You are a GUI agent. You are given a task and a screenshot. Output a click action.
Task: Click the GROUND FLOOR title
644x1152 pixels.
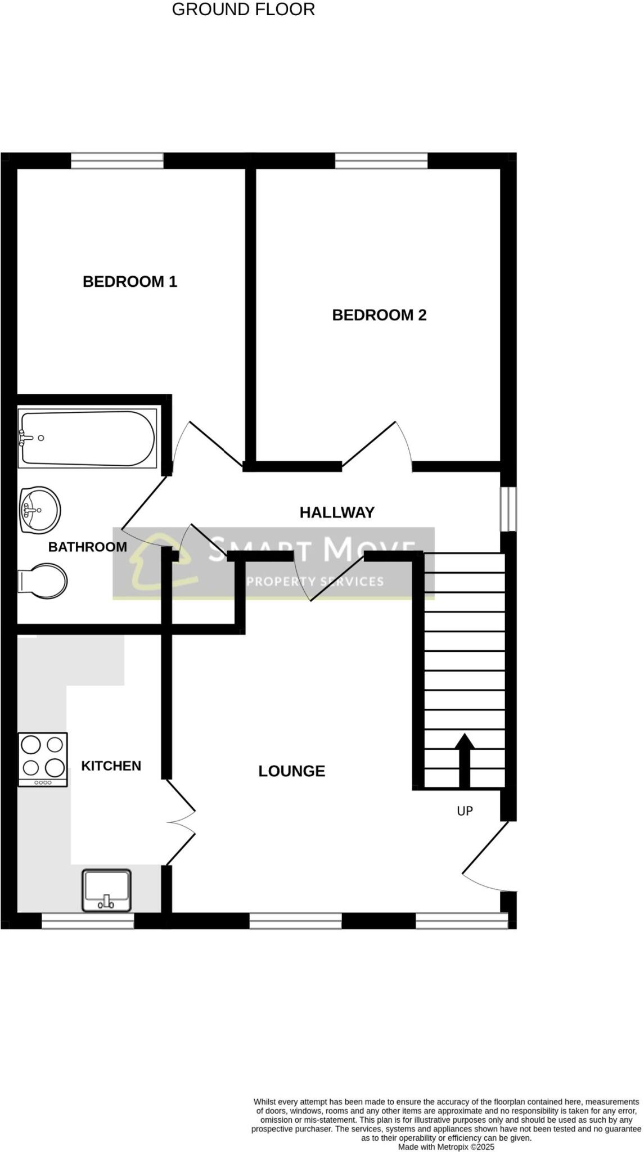[243, 10]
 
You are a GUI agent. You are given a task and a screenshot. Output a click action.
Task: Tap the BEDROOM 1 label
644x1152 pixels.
[130, 281]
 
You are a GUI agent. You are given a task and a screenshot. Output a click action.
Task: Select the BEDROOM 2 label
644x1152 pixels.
[379, 315]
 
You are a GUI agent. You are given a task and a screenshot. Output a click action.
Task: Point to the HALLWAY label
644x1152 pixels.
[337, 512]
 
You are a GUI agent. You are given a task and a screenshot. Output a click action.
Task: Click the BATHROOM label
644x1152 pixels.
[87, 547]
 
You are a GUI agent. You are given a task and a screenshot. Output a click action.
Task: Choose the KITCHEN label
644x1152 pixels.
[111, 766]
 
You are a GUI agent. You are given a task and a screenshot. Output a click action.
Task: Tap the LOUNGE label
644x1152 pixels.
[291, 771]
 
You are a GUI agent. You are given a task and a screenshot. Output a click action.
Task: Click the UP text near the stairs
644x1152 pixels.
[465, 811]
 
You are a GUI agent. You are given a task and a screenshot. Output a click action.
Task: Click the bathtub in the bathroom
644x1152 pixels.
[87, 439]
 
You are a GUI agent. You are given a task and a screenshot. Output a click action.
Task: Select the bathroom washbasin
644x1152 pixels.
[39, 510]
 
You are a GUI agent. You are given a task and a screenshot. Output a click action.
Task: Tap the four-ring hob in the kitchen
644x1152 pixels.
[43, 759]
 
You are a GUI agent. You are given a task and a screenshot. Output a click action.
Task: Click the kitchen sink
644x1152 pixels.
[107, 890]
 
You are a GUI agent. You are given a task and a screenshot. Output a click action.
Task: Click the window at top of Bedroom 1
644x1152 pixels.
[117, 161]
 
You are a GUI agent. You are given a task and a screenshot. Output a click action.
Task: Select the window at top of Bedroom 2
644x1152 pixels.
[381, 161]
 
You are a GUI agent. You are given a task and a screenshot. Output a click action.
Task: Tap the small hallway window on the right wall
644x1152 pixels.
[508, 508]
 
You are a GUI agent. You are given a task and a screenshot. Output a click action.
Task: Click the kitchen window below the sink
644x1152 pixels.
[88, 921]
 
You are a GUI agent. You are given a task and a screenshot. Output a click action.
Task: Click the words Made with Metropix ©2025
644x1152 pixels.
[446, 1146]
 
